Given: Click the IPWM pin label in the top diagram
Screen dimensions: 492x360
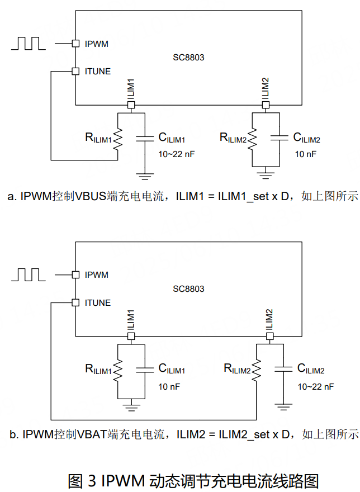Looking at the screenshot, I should [x=97, y=44].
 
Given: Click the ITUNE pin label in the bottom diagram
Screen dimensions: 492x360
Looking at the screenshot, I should [x=98, y=302].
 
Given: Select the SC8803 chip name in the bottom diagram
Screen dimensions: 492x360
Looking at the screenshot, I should [x=188, y=289].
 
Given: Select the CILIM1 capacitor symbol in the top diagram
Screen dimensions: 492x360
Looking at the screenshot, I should [x=145, y=137].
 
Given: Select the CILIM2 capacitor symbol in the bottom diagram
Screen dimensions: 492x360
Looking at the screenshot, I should [x=283, y=368].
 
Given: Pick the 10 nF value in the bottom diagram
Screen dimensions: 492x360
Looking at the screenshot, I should [x=169, y=386].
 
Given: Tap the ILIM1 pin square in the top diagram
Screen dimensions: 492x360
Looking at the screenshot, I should [x=131, y=105].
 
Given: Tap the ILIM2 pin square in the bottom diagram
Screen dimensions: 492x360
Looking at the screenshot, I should [x=270, y=336].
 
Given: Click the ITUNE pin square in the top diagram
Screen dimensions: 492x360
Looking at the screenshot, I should [x=75, y=71].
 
